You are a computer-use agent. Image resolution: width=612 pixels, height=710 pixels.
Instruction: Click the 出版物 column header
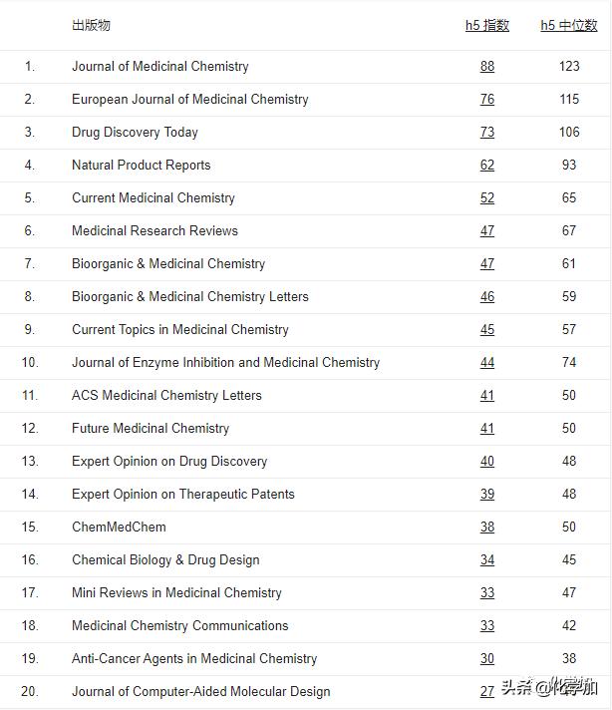click(x=91, y=25)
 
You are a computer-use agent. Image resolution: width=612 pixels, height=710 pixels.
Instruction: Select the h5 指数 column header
click(x=486, y=25)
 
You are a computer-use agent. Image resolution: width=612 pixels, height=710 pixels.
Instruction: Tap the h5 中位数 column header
click(x=569, y=25)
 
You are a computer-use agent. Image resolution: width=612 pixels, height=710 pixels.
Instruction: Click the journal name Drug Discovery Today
click(x=135, y=132)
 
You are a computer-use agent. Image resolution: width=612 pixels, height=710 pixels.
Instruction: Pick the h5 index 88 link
click(x=486, y=66)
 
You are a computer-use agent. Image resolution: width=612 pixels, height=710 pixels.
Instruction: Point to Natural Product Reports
click(x=141, y=165)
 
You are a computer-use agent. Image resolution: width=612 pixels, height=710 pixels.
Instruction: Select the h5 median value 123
click(x=569, y=66)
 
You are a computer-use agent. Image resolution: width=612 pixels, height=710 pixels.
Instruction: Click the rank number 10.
click(x=30, y=362)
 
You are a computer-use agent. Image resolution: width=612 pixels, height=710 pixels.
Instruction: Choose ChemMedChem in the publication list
click(x=119, y=527)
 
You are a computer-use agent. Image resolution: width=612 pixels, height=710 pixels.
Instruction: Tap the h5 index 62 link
click(x=486, y=165)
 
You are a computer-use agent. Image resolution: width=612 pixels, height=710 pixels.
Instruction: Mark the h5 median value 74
click(x=569, y=362)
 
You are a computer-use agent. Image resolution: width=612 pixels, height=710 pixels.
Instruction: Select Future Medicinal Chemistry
click(x=151, y=428)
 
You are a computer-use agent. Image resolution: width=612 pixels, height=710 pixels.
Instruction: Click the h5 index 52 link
click(x=486, y=197)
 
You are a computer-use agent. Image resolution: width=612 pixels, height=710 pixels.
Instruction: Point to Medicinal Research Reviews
click(x=154, y=230)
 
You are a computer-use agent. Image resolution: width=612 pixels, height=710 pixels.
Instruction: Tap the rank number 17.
click(x=30, y=592)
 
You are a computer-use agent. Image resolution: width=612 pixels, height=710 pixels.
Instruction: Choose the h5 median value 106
click(x=569, y=132)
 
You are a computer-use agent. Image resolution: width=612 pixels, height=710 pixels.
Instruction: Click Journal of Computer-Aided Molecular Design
click(x=200, y=691)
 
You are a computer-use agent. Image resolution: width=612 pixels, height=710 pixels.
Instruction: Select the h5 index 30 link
click(x=486, y=658)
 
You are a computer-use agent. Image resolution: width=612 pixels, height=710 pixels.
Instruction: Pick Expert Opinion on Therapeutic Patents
click(x=183, y=494)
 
